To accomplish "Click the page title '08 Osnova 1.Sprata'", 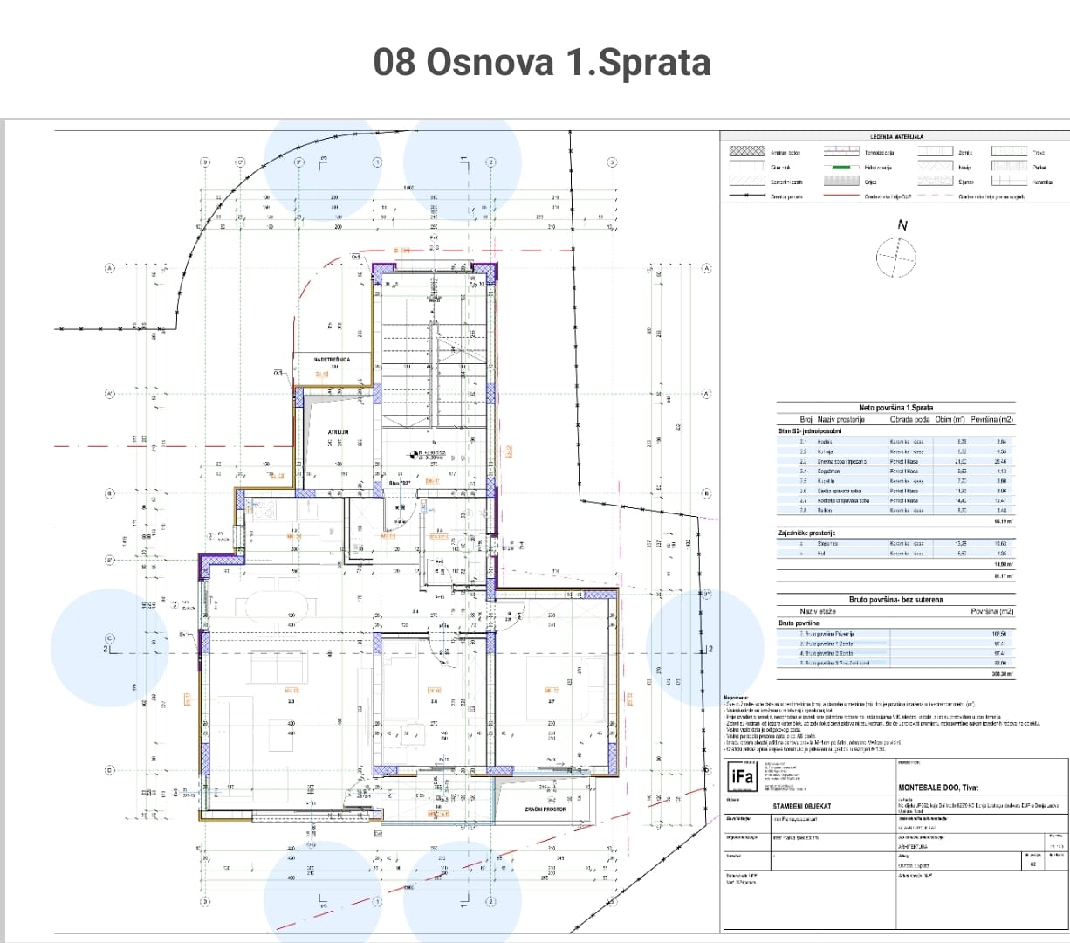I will (x=541, y=63).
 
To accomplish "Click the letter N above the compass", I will (x=902, y=225).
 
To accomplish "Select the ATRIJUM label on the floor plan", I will (x=338, y=432).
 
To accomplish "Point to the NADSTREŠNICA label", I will (x=332, y=359).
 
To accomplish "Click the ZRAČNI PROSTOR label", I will (x=545, y=809).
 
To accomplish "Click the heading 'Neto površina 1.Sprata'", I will (x=895, y=408).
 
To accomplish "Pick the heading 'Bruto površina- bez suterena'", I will (x=895, y=600).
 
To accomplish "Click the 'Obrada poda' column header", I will (x=908, y=420).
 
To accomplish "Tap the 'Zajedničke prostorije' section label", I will (x=807, y=533).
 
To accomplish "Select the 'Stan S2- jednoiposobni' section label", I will (x=810, y=431).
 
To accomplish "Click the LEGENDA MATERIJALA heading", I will (x=896, y=137).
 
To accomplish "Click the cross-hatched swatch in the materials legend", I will (x=746, y=152).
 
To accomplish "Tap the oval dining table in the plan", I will (x=275, y=604).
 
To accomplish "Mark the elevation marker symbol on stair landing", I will (x=413, y=453).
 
